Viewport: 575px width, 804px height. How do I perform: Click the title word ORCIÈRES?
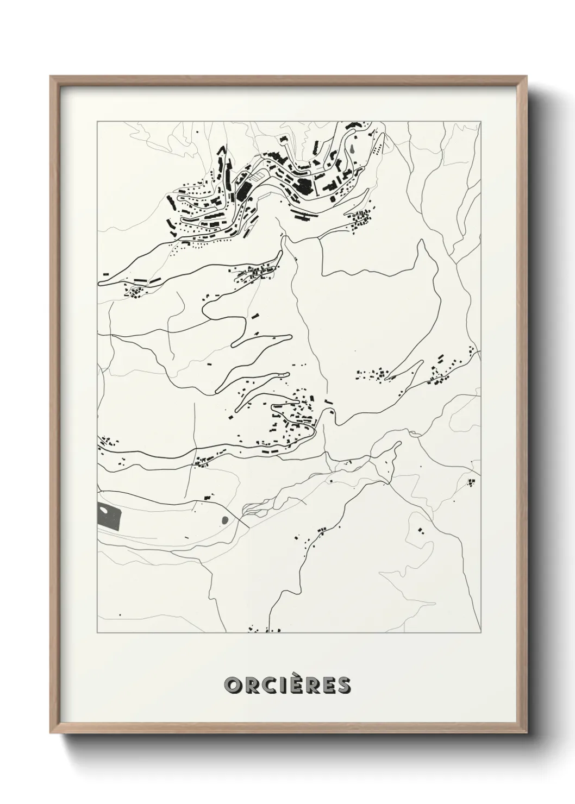287,685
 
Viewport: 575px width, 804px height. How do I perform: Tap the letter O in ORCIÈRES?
232,686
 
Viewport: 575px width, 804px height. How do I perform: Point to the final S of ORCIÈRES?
344,686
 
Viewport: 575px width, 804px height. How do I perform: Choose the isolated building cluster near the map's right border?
471,482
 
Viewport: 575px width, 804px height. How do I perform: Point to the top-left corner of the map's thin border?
97,122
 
